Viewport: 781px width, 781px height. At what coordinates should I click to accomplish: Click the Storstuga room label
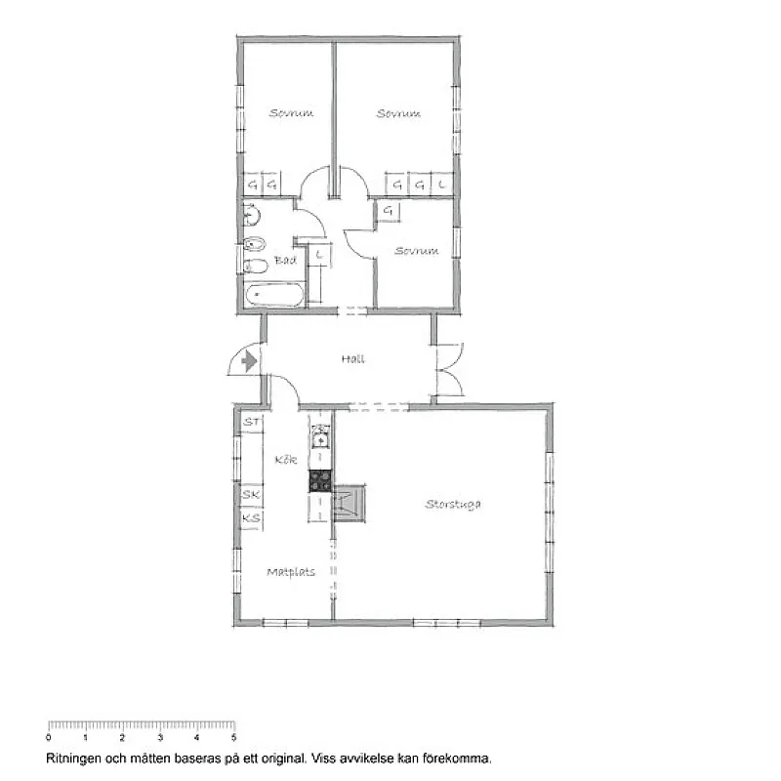(453, 504)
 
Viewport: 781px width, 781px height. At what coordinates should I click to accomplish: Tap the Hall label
(353, 358)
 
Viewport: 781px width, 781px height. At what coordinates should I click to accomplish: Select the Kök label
(286, 459)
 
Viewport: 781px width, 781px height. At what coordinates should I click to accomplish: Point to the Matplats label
(291, 572)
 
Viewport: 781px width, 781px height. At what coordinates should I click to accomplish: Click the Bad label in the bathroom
(285, 260)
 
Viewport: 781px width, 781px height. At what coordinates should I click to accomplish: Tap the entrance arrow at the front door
(249, 361)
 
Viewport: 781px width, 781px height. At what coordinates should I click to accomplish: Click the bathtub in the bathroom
(274, 295)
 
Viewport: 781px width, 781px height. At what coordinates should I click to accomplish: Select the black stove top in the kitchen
(320, 481)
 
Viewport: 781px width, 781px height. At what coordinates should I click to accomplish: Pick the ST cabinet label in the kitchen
(252, 423)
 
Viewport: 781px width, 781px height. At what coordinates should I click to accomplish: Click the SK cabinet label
(251, 495)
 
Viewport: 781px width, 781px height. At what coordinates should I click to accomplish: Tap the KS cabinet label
(251, 518)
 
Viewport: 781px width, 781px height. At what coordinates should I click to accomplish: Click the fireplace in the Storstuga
(349, 503)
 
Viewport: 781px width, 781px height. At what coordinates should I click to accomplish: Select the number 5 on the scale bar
(233, 738)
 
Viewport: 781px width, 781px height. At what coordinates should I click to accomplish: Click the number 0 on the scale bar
(48, 738)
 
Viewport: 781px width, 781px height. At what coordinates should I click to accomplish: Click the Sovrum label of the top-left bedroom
(291, 113)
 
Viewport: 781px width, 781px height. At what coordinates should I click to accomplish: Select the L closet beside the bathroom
(319, 256)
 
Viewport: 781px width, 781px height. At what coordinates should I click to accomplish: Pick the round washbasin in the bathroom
(251, 216)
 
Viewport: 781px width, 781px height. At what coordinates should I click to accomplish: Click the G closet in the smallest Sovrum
(389, 211)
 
